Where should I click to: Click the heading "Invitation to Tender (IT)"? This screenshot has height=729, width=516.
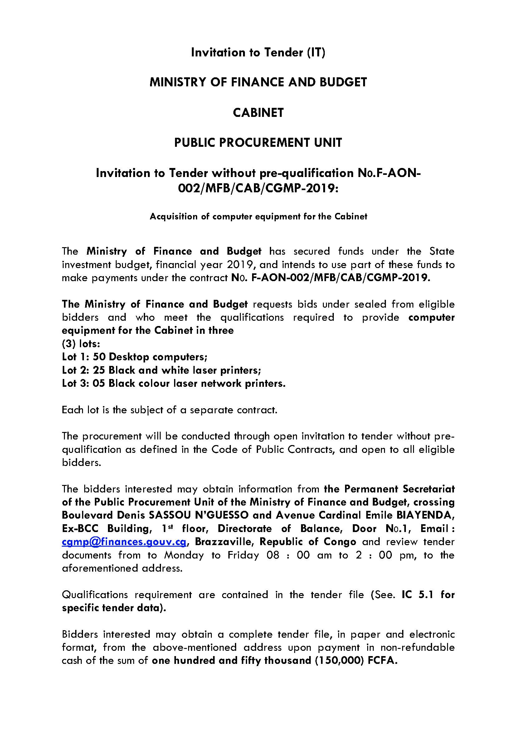tap(258, 53)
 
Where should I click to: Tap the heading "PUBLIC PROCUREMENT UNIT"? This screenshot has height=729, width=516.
tap(258, 143)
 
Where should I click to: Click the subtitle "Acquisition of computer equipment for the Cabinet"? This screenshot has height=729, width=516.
tap(258, 217)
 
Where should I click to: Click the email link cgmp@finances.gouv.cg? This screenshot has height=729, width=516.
tap(124, 542)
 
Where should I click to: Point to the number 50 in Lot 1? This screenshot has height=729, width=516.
tap(99, 357)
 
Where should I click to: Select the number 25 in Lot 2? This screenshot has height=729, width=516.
tap(99, 370)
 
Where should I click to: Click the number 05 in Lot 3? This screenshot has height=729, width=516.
tap(99, 384)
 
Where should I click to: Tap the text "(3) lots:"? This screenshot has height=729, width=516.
tap(81, 344)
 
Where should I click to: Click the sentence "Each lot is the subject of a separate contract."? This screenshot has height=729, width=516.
tap(170, 410)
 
